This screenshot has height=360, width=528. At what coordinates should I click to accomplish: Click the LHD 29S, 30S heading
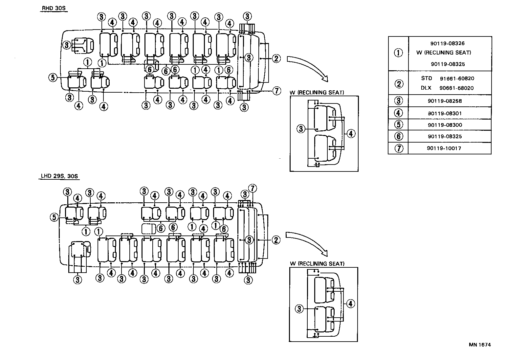pyautogui.click(x=59, y=176)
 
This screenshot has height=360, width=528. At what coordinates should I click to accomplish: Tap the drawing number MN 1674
pyautogui.click(x=480, y=345)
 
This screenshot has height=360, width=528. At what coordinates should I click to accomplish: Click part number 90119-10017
pyautogui.click(x=444, y=148)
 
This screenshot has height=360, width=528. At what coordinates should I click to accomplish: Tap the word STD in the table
pyautogui.click(x=427, y=79)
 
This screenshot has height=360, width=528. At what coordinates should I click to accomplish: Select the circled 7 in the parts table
pyautogui.click(x=398, y=148)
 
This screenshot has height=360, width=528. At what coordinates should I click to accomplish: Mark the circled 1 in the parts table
pyautogui.click(x=398, y=53)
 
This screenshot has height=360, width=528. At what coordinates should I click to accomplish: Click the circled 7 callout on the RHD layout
pyautogui.click(x=277, y=91)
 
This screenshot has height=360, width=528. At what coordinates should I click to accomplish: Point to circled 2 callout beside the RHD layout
pyautogui.click(x=276, y=58)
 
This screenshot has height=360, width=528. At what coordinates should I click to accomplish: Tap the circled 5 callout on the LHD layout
pyautogui.click(x=54, y=217)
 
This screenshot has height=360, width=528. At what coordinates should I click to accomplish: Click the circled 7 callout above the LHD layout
pyautogui.click(x=252, y=189)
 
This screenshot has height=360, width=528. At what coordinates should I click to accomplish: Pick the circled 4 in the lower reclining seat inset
pyautogui.click(x=351, y=304)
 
